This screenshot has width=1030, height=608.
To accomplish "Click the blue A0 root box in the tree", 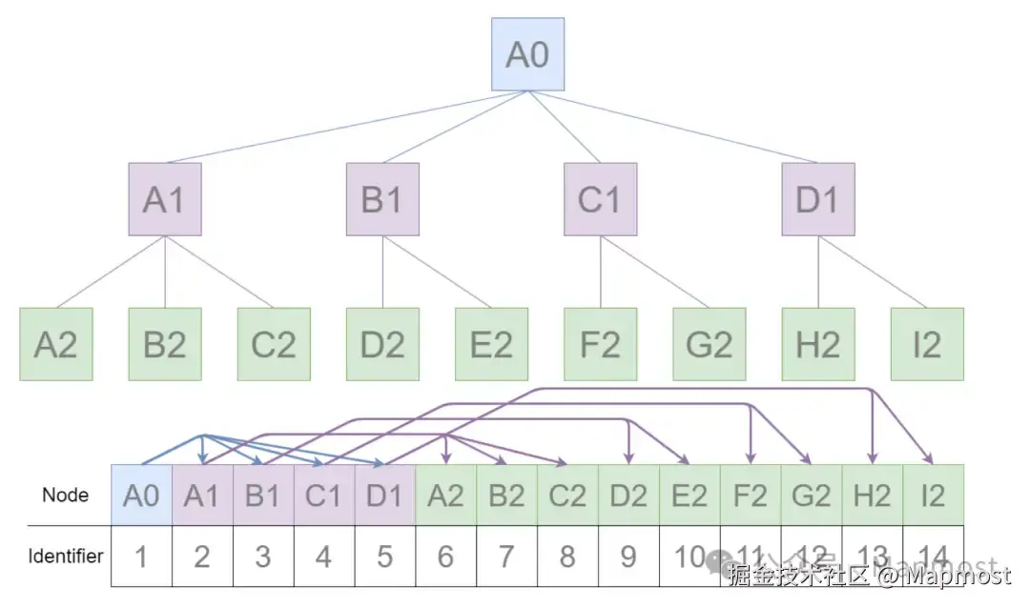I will pyautogui.click(x=527, y=54).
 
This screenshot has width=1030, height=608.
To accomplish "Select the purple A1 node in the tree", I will pyautogui.click(x=165, y=199).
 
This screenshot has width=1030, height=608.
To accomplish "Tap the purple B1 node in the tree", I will pyautogui.click(x=382, y=199).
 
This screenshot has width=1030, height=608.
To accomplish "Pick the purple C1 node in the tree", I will pyautogui.click(x=600, y=199).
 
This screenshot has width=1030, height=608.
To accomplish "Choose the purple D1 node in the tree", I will pyautogui.click(x=817, y=199).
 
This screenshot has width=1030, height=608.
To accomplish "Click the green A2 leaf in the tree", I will pyautogui.click(x=56, y=344).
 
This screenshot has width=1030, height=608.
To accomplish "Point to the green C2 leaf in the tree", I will pyautogui.click(x=274, y=344).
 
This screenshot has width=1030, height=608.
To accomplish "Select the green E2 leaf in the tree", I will pyautogui.click(x=491, y=344).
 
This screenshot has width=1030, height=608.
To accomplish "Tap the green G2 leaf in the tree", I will pyautogui.click(x=709, y=344).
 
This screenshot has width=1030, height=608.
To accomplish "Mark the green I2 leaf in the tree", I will pyautogui.click(x=926, y=344).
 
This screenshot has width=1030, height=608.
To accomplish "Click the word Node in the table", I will pyautogui.click(x=65, y=495).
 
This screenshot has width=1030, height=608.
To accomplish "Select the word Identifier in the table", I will pyautogui.click(x=65, y=556).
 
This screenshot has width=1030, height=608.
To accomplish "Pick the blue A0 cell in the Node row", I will pyautogui.click(x=141, y=496).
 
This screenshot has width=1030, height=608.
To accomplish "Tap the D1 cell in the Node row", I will pyautogui.click(x=384, y=496).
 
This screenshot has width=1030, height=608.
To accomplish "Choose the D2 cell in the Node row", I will pyautogui.click(x=628, y=496).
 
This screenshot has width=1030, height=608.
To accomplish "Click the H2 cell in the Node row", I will pyautogui.click(x=872, y=496).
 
